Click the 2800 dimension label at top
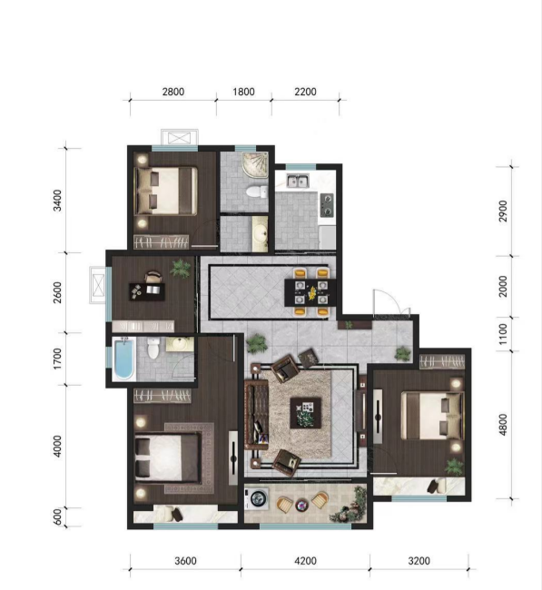tap(173, 92)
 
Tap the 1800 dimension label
tap(243, 92)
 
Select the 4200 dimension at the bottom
tap(305, 561)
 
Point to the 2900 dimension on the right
tap(503, 211)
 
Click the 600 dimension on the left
tap(57, 517)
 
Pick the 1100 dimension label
tap(503, 334)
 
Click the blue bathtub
tap(123, 359)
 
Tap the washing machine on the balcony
tap(257, 498)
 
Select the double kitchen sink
tap(298, 181)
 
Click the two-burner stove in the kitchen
tap(327, 205)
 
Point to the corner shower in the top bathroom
tap(255, 164)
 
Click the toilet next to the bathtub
tap(153, 348)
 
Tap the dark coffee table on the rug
tap(305, 413)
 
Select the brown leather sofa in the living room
tap(256, 416)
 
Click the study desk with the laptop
tap(147, 291)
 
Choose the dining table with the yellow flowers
tap(310, 293)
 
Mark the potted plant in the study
tap(181, 269)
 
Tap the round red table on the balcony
tap(301, 505)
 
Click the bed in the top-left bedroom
tap(166, 192)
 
